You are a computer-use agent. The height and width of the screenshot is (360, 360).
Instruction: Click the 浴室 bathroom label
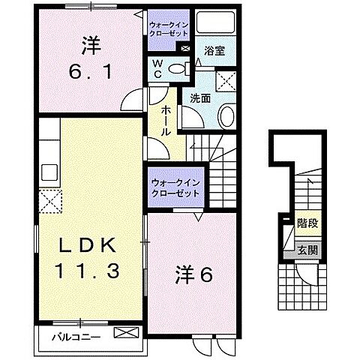click(215, 51)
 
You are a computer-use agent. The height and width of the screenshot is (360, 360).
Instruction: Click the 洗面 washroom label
click(199, 97)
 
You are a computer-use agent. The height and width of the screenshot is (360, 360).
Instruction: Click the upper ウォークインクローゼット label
click(170, 28)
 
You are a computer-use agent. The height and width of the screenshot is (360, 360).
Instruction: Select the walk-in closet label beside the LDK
click(175, 187)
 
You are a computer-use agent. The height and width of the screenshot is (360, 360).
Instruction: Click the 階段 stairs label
click(306, 223)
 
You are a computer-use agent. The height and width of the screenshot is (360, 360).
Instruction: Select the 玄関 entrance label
click(306, 250)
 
